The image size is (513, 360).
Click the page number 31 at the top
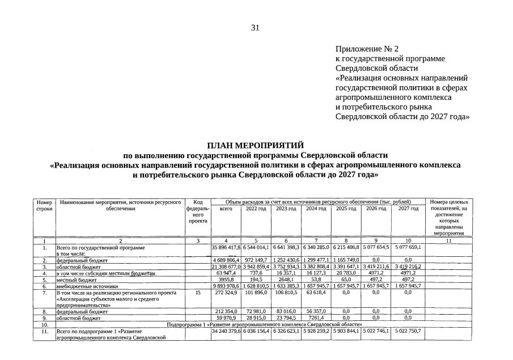coord(255,28)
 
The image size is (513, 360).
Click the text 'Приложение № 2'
coord(367,49)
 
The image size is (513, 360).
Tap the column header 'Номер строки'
coord(44,205)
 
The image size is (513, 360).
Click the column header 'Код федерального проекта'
coord(198,212)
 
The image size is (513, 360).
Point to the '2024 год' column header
coord(316,209)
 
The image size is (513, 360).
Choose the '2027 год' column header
coord(407,209)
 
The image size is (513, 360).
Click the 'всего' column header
coord(226,209)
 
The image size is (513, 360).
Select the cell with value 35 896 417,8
coord(226,248)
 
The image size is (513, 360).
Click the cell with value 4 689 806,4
coord(226,260)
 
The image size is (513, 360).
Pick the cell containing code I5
coord(198,293)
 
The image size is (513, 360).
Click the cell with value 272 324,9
coord(226,293)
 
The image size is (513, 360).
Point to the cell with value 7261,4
coord(316,318)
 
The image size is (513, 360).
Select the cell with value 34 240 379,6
coord(226,331)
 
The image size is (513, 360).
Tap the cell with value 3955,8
coord(226,279)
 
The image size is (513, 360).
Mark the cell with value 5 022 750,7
coord(407,331)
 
